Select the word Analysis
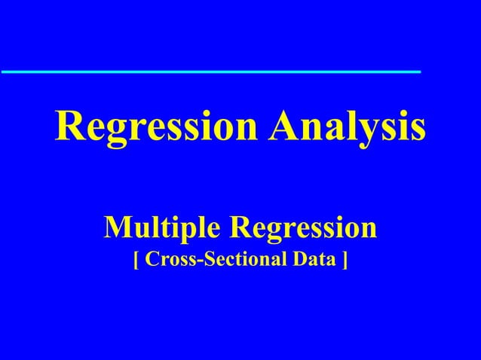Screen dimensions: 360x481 click(x=348, y=127)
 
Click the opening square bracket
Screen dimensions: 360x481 click(x=136, y=261)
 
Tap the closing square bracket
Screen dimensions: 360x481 click(x=345, y=261)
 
